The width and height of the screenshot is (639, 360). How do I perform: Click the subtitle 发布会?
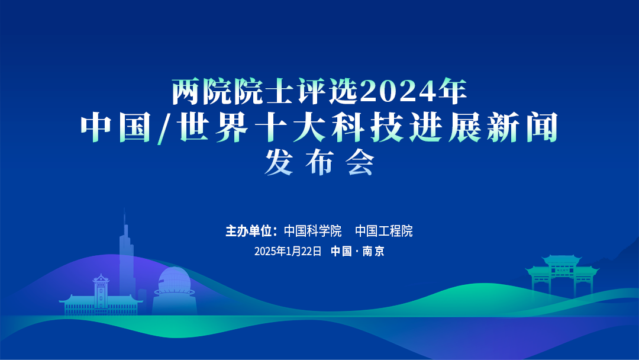(319, 162)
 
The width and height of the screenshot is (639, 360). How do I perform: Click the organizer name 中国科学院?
(312, 231)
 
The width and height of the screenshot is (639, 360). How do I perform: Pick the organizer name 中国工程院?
(384, 231)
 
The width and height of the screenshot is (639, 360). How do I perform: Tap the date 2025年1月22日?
(288, 250)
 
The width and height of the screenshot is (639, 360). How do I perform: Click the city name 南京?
(373, 250)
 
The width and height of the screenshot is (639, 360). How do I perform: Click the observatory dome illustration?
(174, 281)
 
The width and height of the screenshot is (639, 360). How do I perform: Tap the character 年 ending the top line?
(453, 91)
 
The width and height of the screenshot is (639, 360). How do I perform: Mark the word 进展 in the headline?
(446, 128)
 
